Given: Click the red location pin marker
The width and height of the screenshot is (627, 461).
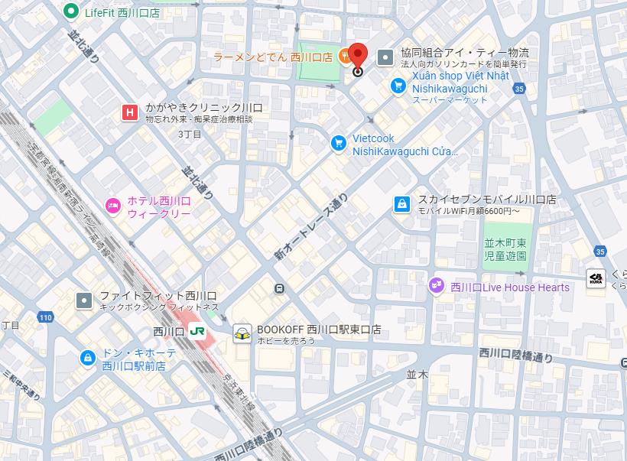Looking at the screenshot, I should [359, 57].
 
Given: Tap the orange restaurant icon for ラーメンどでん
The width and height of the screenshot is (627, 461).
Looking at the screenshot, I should [345, 55].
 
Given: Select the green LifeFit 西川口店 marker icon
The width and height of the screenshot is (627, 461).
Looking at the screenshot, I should [71, 11].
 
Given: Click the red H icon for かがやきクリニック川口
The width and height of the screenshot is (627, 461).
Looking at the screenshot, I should [130, 113].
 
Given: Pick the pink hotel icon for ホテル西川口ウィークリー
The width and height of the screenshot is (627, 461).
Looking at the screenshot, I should [112, 204].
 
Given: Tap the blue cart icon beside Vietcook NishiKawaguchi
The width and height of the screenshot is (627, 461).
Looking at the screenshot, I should [338, 143].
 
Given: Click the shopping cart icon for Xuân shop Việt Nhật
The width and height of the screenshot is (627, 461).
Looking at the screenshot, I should [398, 86].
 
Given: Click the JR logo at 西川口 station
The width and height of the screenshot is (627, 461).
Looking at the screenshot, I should [197, 332].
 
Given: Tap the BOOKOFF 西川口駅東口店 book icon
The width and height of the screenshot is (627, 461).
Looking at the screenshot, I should [242, 334].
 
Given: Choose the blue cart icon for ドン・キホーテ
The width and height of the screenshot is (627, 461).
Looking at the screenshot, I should [88, 357].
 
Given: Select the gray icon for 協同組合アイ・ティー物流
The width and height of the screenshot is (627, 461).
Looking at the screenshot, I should [387, 56].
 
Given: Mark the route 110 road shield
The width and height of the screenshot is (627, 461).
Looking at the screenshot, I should [46, 317].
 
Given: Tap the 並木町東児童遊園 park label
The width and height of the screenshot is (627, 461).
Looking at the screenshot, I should [506, 249].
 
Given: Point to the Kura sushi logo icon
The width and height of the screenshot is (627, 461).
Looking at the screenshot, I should [596, 279].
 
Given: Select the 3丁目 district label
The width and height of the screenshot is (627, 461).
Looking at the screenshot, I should [190, 135].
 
